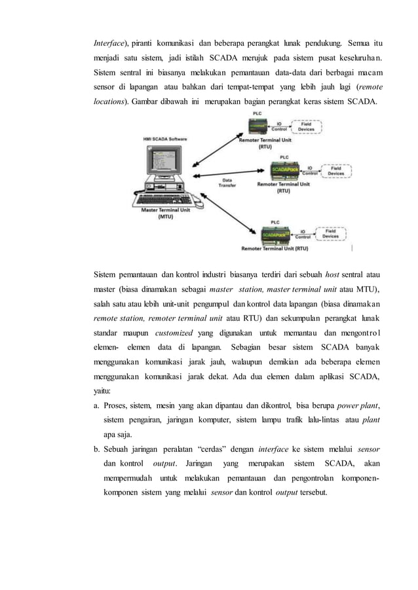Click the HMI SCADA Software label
(x=164, y=139)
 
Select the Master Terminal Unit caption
(x=164, y=213)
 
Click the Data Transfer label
(x=227, y=183)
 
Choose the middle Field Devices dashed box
(x=335, y=171)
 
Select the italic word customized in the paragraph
(x=169, y=333)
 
